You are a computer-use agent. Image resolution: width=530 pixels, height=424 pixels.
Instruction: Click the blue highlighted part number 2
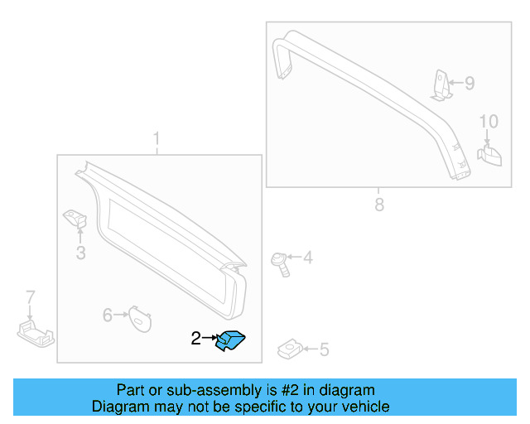pos(231,340)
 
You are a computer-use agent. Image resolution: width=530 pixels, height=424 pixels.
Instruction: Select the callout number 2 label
pos(196,338)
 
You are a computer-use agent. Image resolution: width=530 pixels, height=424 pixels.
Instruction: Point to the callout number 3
pos(80,253)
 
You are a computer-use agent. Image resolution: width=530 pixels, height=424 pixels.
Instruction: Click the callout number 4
pos(307,258)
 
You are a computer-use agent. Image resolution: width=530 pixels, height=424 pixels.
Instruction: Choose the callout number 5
pos(324,350)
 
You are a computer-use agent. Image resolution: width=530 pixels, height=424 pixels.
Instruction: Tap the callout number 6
pos(108,315)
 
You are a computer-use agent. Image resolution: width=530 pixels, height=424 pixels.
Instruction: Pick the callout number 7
pos(31,296)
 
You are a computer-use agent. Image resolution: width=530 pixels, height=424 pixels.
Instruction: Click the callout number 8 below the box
pos(379,205)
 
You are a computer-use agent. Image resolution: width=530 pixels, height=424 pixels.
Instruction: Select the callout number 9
pos(469,83)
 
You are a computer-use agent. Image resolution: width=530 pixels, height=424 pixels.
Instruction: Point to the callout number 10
pos(489,122)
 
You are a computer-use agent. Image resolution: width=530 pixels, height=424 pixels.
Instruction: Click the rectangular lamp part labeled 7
pos(36,335)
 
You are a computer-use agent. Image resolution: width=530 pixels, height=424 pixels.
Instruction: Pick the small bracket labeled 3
pos(77,219)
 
